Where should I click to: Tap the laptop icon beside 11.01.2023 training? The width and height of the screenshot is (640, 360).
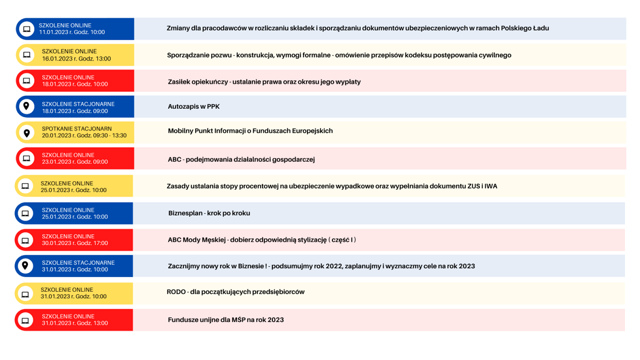tap(26, 29)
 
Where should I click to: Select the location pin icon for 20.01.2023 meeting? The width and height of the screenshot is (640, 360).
tap(26, 133)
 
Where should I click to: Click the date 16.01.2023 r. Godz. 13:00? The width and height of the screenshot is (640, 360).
tap(76, 59)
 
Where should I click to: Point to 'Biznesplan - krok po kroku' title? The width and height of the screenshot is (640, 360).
tap(209, 213)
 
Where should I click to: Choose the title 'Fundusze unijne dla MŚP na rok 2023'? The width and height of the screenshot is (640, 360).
tap(226, 320)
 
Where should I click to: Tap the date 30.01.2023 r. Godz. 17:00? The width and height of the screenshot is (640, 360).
tap(75, 243)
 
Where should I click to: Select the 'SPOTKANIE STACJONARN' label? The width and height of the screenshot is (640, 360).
tap(77, 129)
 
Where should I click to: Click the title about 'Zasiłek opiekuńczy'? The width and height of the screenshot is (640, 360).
tap(264, 82)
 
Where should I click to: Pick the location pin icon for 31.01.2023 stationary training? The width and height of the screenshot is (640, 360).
tap(25, 266)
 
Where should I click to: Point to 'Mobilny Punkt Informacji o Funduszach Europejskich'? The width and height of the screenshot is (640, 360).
tap(250, 131)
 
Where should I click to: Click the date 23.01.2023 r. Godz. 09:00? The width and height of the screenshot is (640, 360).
tap(75, 162)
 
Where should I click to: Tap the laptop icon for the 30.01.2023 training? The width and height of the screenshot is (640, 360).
tap(25, 240)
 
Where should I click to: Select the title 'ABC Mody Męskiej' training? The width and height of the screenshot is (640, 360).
tap(262, 240)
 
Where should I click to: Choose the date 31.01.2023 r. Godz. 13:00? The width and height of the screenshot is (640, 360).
tap(75, 323)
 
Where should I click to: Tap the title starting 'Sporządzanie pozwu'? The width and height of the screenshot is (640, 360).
tap(339, 55)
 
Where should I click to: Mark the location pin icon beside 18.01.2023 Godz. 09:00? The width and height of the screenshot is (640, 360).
tap(26, 106)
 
